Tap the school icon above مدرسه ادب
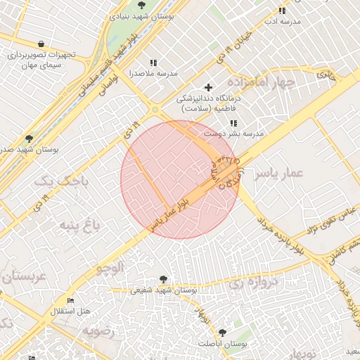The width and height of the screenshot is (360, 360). pos(282,11)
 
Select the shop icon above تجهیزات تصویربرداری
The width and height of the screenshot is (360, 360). pos(41,44)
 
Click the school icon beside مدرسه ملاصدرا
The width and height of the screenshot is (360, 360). pos(153,63)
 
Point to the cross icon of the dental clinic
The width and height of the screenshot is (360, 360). pos(208,87)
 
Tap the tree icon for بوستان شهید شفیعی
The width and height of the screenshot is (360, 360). pos(164,279)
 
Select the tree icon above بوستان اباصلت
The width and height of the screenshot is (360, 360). pos(222,332)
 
